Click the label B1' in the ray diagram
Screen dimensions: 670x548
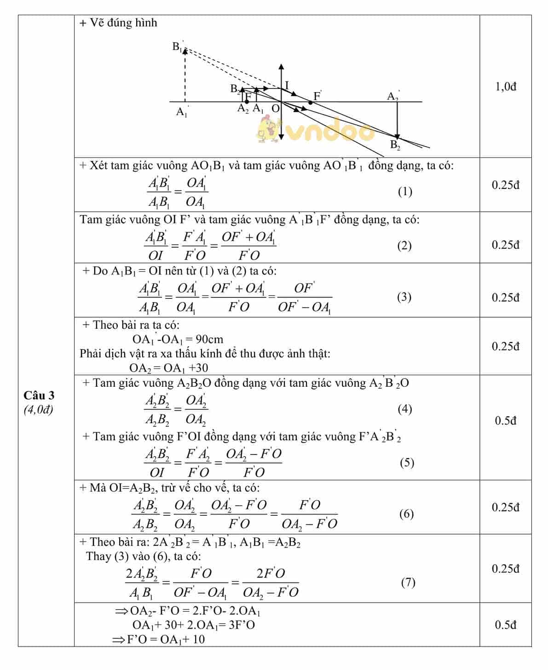(x=178, y=47)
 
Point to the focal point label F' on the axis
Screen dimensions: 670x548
(x=317, y=96)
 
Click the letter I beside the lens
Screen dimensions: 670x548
(x=287, y=85)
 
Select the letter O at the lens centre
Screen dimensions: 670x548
(x=275, y=108)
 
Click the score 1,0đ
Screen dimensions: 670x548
(x=506, y=87)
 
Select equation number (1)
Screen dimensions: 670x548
(x=405, y=192)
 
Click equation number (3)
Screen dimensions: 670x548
(x=404, y=297)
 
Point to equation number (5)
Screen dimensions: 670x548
(x=407, y=462)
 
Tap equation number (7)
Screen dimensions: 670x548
(x=408, y=583)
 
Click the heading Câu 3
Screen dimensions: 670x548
(x=39, y=395)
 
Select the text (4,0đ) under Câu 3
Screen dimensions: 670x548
(x=39, y=409)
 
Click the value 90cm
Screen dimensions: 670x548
(x=209, y=339)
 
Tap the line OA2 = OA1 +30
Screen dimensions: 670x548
(x=168, y=368)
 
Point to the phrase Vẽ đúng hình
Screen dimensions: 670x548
(x=123, y=23)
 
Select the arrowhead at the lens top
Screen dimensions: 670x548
(x=281, y=67)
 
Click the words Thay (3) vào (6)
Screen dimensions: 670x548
(x=143, y=556)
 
